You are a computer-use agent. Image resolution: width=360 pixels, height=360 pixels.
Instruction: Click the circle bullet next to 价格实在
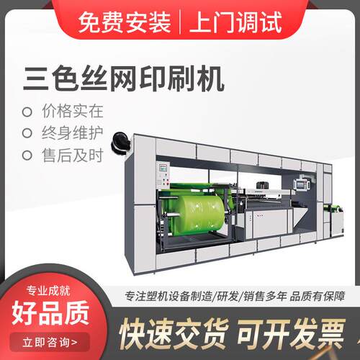(x=27, y=112)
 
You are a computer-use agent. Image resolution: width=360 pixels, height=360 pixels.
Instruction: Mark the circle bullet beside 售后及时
(x=27, y=154)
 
